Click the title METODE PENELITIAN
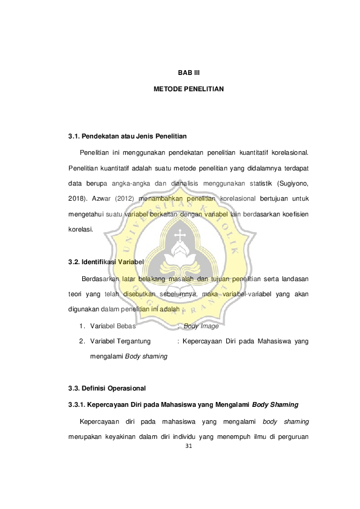(189, 89)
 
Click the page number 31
(189, 446)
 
